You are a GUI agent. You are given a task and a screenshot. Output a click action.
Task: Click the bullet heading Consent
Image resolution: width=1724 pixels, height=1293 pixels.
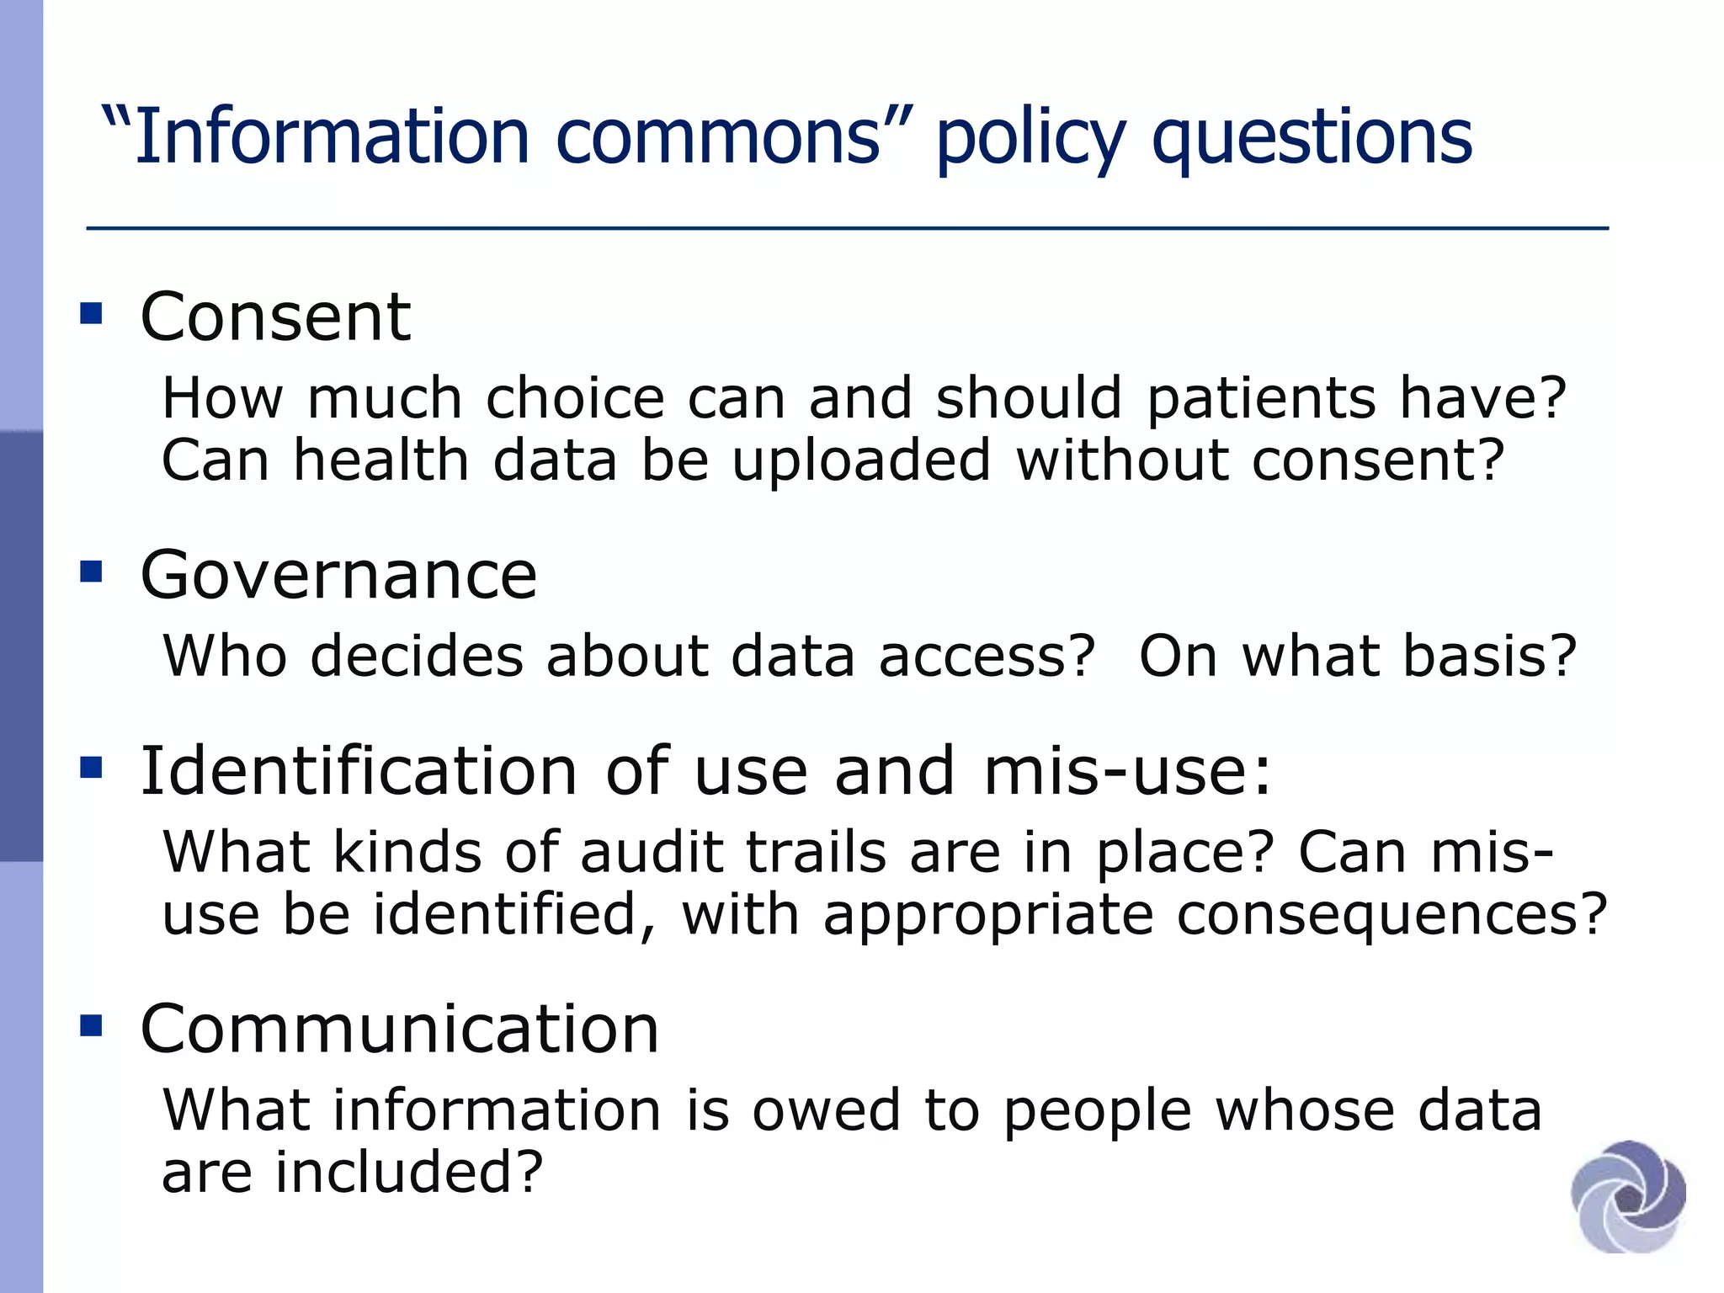275,317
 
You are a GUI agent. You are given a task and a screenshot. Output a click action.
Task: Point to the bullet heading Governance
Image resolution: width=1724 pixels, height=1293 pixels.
338,575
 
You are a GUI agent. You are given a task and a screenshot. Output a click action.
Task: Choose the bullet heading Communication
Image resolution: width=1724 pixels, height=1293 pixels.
400,1029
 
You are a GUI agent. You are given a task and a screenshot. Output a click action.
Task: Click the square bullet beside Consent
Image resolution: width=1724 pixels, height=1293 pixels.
91,314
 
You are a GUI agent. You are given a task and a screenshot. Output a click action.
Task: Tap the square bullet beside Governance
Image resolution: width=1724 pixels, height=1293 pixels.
91,572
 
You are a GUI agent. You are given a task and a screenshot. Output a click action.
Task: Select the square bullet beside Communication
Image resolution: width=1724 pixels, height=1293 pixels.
91,1025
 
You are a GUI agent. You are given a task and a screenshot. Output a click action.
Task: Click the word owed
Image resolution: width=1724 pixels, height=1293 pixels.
827,1110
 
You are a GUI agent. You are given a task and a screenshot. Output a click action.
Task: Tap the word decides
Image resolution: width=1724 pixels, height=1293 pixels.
417,657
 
